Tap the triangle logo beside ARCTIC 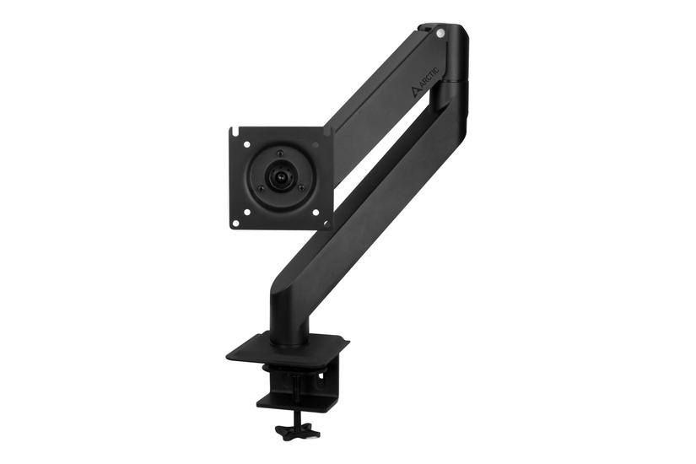pyautogui.click(x=415, y=91)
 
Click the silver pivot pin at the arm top pyautogui.click(x=440, y=33)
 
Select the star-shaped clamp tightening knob pyautogui.click(x=291, y=431)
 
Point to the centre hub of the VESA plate pyautogui.click(x=279, y=177)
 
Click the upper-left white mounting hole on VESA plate pyautogui.click(x=247, y=144)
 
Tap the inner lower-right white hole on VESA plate pyautogui.click(x=316, y=213)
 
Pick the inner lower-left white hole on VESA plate pyautogui.click(x=248, y=213)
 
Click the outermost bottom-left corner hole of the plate pyautogui.click(x=235, y=223)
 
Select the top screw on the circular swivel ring pyautogui.click(x=279, y=154)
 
